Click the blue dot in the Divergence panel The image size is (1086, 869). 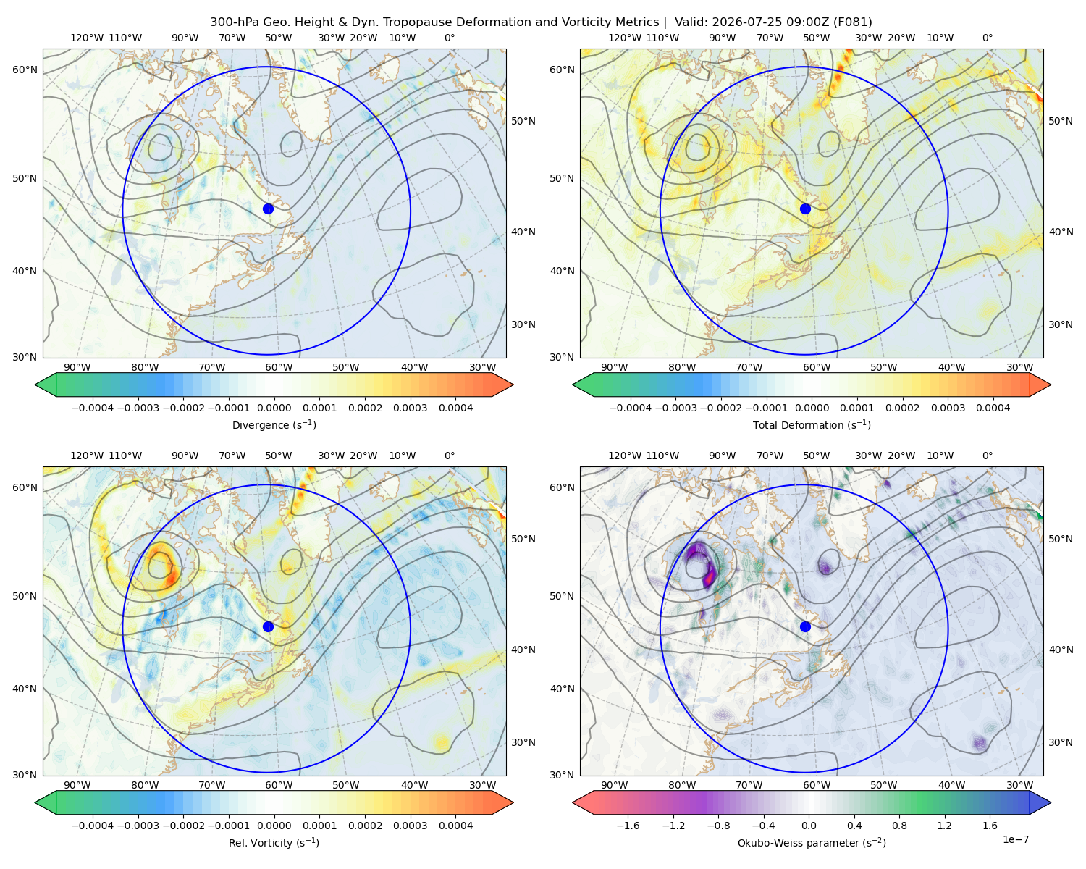[268, 209]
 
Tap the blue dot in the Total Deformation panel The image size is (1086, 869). [805, 209]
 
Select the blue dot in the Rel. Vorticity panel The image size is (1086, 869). [268, 626]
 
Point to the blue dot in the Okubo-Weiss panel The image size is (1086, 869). [805, 626]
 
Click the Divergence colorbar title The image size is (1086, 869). [274, 424]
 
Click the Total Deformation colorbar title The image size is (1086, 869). [812, 424]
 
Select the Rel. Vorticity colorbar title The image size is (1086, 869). [274, 842]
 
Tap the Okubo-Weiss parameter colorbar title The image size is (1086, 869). [812, 842]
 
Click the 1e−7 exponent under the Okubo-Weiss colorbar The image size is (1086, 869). [1015, 839]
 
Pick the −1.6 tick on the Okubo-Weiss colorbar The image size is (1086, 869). [628, 825]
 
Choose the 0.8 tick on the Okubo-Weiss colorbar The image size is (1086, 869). [899, 825]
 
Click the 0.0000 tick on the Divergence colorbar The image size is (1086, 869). [274, 408]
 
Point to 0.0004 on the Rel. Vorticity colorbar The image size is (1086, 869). [455, 825]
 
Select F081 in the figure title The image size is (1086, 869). [852, 22]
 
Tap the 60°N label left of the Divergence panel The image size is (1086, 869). [25, 70]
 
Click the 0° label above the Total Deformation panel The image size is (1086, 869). [987, 38]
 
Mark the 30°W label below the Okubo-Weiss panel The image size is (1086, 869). [1019, 785]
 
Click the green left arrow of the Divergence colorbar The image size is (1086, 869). [46, 385]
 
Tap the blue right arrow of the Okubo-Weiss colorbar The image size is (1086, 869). [1040, 802]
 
